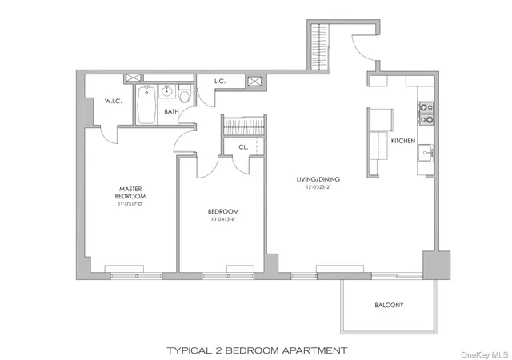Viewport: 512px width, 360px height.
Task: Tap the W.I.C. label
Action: [x=112, y=101]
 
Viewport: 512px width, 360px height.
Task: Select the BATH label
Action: [x=172, y=112]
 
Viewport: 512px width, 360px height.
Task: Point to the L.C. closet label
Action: [x=218, y=81]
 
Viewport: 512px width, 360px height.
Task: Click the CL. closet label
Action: [x=242, y=146]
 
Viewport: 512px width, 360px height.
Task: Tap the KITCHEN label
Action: [x=402, y=141]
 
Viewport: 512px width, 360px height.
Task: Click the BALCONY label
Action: [x=390, y=306]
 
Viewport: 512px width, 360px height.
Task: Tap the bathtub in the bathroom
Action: [x=146, y=106]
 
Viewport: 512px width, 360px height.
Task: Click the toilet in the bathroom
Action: [x=185, y=95]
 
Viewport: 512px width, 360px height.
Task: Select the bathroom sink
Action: [x=167, y=91]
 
